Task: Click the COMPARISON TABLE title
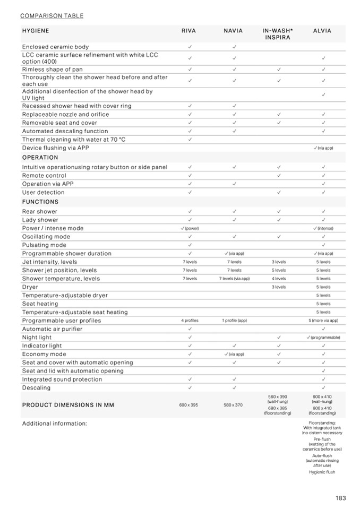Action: coord(52,15)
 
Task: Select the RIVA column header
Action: coord(188,31)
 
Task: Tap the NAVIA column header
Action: coord(233,31)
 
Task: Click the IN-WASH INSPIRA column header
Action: coord(278,34)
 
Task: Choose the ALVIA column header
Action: coord(322,31)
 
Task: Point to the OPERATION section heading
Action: coord(40,158)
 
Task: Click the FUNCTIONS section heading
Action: coord(40,202)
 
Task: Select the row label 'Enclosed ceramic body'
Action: coord(55,47)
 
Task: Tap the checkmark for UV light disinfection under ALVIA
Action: coord(323,94)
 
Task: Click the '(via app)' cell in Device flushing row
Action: coord(323,148)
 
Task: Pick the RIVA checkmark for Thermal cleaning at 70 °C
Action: coord(190,140)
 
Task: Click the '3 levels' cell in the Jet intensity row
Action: coord(279,262)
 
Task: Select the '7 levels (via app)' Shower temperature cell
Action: coord(234,279)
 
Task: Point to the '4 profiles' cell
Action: coord(190,321)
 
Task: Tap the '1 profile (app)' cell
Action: coord(234,321)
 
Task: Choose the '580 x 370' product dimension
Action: coord(233,405)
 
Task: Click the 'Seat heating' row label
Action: coord(40,304)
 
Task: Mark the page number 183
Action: coord(340,498)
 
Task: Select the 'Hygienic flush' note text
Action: coord(322,472)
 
